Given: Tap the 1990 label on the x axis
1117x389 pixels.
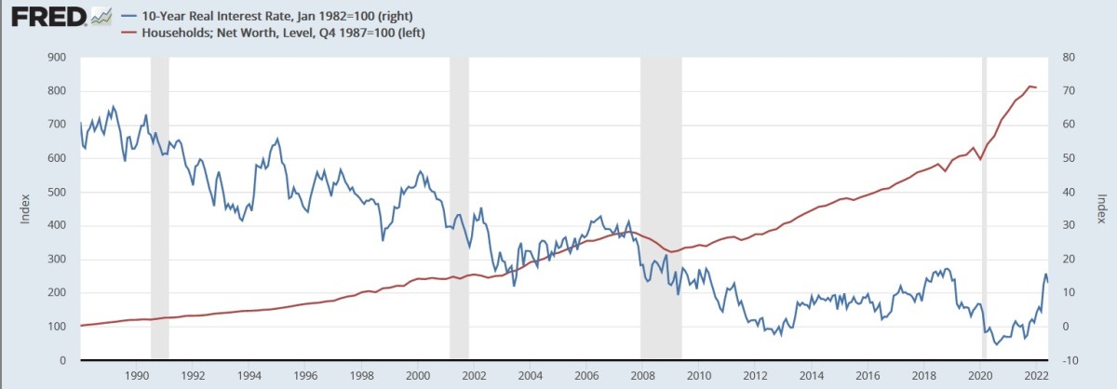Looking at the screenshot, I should [137, 376].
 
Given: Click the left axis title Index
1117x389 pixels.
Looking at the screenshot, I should [27, 208].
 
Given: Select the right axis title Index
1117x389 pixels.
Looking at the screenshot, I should [1100, 208].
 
